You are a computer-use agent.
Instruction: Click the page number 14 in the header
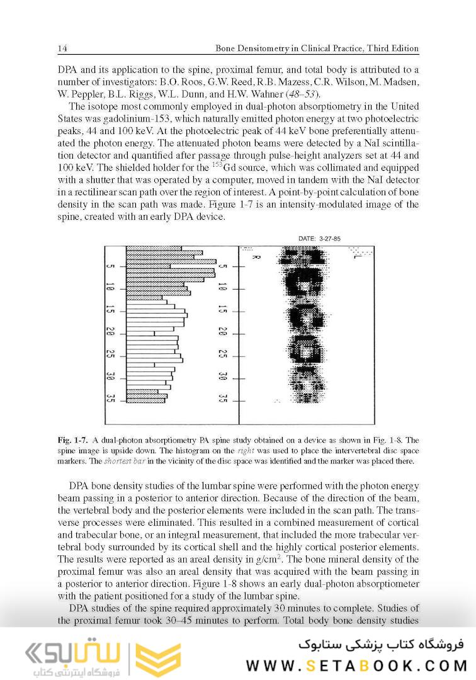point(62,48)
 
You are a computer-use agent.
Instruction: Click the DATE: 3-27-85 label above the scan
point(321,238)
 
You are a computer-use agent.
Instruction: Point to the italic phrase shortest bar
point(123,461)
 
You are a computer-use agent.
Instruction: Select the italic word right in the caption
point(244,451)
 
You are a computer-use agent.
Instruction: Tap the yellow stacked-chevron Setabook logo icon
point(158,660)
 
